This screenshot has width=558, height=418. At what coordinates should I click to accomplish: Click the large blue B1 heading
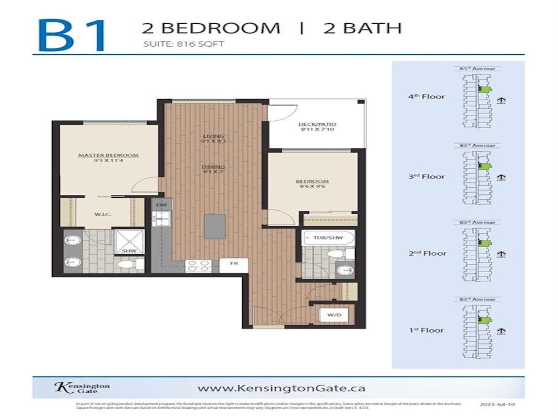coord(71,35)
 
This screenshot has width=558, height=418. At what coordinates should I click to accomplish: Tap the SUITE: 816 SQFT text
coord(183,44)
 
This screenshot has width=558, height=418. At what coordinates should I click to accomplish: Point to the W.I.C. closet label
coord(103,214)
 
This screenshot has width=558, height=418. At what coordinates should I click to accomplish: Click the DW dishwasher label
coord(161,205)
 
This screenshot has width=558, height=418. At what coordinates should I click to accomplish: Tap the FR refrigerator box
coord(234,264)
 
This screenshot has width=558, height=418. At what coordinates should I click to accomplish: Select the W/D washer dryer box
coord(334,315)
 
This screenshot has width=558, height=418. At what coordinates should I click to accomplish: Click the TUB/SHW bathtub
coord(328,238)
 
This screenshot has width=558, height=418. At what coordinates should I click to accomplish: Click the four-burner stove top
coord(198,266)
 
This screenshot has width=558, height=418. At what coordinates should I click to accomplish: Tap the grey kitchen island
coord(214,226)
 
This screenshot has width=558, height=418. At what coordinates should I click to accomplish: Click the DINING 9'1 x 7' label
coord(213,169)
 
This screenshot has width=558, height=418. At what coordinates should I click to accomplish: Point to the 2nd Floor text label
coord(427,254)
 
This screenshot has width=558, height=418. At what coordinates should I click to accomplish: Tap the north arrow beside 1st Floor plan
coord(501,331)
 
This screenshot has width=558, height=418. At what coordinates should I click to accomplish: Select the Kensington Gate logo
coord(82,387)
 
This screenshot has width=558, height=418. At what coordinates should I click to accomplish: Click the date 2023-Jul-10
coord(497,404)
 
